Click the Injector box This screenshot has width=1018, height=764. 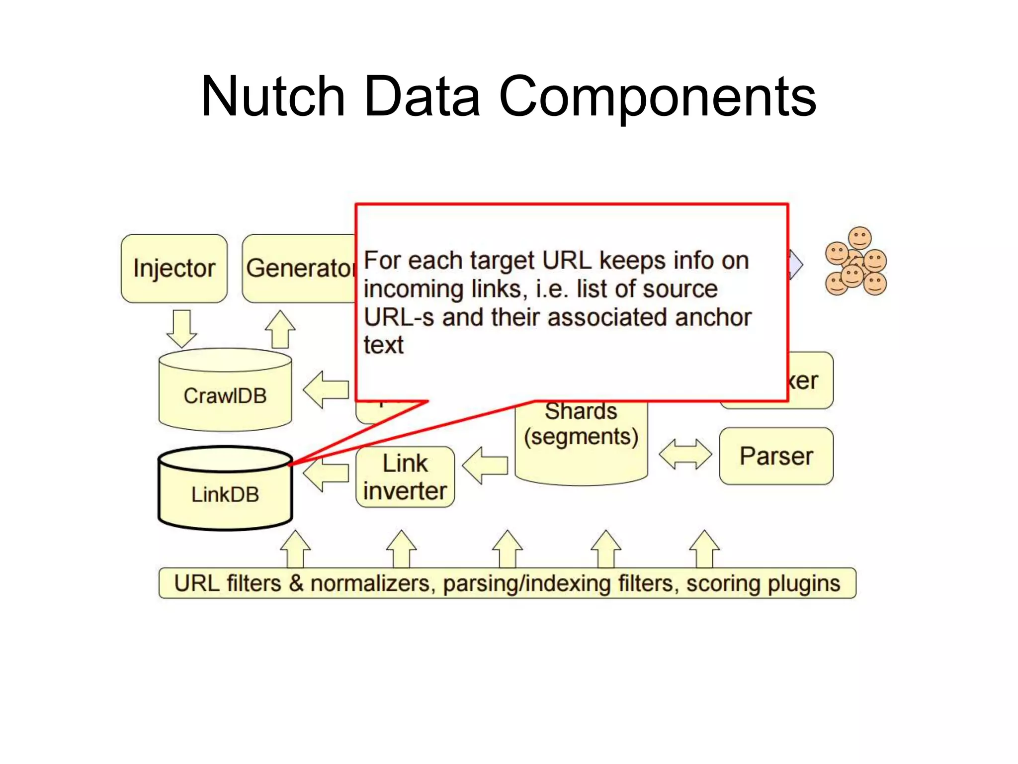click(174, 269)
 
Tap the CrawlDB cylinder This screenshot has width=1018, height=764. click(225, 395)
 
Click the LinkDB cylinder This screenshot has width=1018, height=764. click(225, 494)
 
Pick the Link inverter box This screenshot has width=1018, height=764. click(405, 477)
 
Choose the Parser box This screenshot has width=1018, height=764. click(776, 456)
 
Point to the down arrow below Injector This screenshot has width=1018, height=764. click(181, 328)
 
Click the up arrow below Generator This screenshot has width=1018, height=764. click(280, 329)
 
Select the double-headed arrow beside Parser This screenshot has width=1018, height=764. click(685, 454)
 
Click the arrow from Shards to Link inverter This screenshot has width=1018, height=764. click(485, 466)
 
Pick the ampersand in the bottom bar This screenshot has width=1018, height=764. click(296, 583)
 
